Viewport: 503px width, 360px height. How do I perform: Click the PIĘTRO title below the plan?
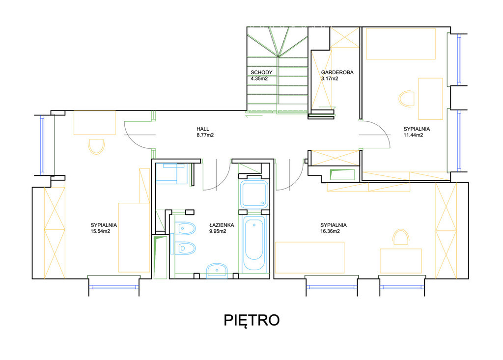point(251,320)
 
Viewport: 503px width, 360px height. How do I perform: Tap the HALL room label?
point(203,129)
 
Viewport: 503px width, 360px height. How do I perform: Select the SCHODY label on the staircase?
point(261,73)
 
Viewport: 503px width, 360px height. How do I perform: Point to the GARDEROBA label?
point(337,73)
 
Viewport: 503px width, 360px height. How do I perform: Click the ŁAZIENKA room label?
point(222,225)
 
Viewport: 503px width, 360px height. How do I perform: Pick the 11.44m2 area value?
point(413,135)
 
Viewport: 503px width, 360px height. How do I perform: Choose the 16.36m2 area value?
point(330,231)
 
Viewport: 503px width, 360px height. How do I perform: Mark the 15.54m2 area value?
point(100,231)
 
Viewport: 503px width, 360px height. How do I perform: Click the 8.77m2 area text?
point(205,135)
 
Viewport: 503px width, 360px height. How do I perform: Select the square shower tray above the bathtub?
point(254,194)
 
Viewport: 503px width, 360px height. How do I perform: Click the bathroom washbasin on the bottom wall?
point(217,271)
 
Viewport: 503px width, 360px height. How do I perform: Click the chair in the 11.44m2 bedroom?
point(406,99)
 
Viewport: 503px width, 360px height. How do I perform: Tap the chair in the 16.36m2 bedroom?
point(401,237)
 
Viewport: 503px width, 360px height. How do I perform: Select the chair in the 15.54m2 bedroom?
point(96,147)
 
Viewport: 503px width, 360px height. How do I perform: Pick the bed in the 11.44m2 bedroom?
point(401,44)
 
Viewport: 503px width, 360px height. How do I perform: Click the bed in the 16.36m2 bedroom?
point(309,258)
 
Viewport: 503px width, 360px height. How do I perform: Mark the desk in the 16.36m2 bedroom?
point(401,261)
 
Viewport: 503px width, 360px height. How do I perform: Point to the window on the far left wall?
point(42,145)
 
